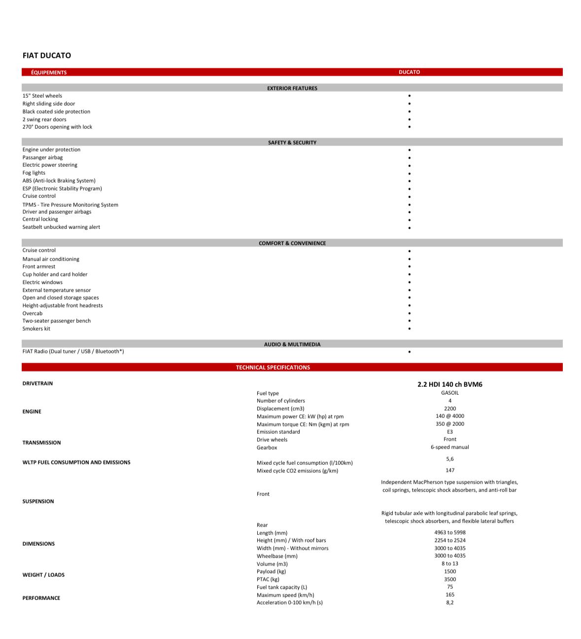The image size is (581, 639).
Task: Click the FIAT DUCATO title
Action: pyautogui.click(x=47, y=56)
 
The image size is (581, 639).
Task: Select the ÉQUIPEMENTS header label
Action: pyautogui.click(x=49, y=73)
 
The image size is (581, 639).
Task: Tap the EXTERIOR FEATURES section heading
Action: pyautogui.click(x=292, y=88)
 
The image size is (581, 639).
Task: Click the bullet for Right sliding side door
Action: pyautogui.click(x=410, y=104)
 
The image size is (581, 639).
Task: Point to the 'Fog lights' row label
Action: pyautogui.click(x=34, y=173)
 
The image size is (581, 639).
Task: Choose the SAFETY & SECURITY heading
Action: pyautogui.click(x=292, y=143)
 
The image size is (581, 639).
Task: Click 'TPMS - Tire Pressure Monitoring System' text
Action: pyautogui.click(x=70, y=205)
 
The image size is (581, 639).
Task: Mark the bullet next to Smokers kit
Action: pyautogui.click(x=410, y=329)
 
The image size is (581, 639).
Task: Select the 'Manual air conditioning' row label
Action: pyautogui.click(x=51, y=259)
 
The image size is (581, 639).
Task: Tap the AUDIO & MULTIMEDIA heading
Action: pyautogui.click(x=292, y=344)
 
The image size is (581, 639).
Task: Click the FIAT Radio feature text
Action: pyautogui.click(x=73, y=351)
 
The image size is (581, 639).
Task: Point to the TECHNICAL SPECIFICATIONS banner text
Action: pyautogui.click(x=273, y=368)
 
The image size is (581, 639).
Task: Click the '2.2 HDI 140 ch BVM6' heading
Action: pyautogui.click(x=450, y=384)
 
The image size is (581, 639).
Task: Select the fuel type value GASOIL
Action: pyautogui.click(x=450, y=393)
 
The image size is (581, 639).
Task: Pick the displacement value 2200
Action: pyautogui.click(x=450, y=409)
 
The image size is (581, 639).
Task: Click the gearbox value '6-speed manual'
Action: pyautogui.click(x=450, y=447)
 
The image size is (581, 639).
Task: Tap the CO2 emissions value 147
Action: pyautogui.click(x=450, y=470)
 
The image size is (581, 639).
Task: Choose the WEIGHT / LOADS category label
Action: pyautogui.click(x=43, y=575)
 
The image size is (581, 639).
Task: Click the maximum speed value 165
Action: pyautogui.click(x=450, y=595)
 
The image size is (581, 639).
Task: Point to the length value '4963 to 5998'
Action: pyautogui.click(x=450, y=532)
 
